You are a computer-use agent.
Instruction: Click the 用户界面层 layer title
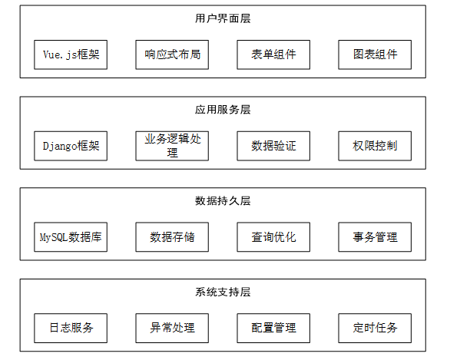[x=223, y=18]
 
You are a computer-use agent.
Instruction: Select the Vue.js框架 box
[x=71, y=54]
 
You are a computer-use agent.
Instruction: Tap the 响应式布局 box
[x=172, y=54]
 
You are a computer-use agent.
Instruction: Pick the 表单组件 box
[x=273, y=54]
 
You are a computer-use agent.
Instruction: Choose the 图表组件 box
[x=375, y=54]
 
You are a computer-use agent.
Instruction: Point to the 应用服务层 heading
[x=223, y=110]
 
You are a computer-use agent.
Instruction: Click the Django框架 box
[x=71, y=146]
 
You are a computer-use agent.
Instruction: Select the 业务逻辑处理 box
[x=172, y=146]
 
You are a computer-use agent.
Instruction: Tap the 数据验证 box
[x=273, y=146]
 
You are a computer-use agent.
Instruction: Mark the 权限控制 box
[x=375, y=146]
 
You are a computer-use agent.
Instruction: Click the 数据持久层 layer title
[x=223, y=200]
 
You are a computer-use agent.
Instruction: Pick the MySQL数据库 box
[x=71, y=237]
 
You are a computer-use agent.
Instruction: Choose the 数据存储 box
[x=172, y=237]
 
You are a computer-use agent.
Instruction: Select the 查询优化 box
[x=273, y=237]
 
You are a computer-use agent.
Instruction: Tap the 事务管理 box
[x=375, y=237]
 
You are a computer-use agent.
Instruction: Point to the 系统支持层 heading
[x=223, y=292]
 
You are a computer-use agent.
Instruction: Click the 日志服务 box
[x=71, y=328]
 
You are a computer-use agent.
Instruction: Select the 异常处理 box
[x=172, y=328]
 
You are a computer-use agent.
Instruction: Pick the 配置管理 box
[x=273, y=328]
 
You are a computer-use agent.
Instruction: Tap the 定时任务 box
[x=375, y=328]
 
